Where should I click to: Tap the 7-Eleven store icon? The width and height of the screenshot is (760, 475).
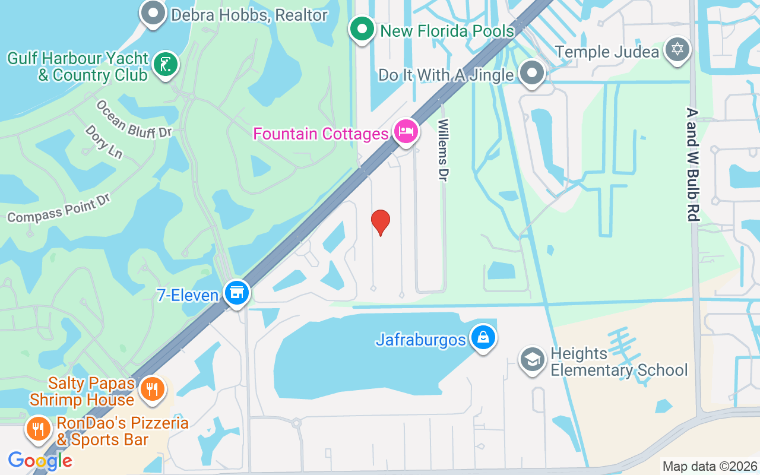pos(237,292)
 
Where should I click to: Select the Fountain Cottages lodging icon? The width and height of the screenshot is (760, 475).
pos(406,132)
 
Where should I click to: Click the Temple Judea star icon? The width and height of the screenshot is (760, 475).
pos(677,49)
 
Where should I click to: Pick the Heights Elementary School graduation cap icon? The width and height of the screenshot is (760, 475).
pos(532,360)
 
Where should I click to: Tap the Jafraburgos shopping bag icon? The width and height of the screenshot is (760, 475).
pos(483,337)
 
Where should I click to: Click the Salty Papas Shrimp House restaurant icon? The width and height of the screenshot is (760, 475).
pos(153,389)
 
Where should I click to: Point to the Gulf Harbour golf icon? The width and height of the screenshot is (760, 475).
pos(165,64)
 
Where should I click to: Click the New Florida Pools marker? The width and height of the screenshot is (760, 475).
pos(361,28)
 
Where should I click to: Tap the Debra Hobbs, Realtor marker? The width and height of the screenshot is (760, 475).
pos(153,13)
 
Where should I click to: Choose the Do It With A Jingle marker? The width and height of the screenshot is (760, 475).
pos(531,74)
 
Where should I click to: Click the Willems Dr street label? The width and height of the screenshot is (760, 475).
pos(443,150)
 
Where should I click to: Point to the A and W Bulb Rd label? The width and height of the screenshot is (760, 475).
pos(692,164)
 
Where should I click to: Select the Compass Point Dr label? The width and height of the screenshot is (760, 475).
pos(59,208)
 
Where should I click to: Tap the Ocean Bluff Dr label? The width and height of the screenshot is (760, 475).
pos(134,119)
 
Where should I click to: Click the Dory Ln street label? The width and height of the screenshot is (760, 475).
pos(103,141)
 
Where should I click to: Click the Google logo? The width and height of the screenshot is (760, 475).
pos(40,460)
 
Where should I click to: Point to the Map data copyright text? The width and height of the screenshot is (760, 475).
pos(710,467)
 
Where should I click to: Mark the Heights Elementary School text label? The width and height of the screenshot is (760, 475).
pos(619,362)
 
